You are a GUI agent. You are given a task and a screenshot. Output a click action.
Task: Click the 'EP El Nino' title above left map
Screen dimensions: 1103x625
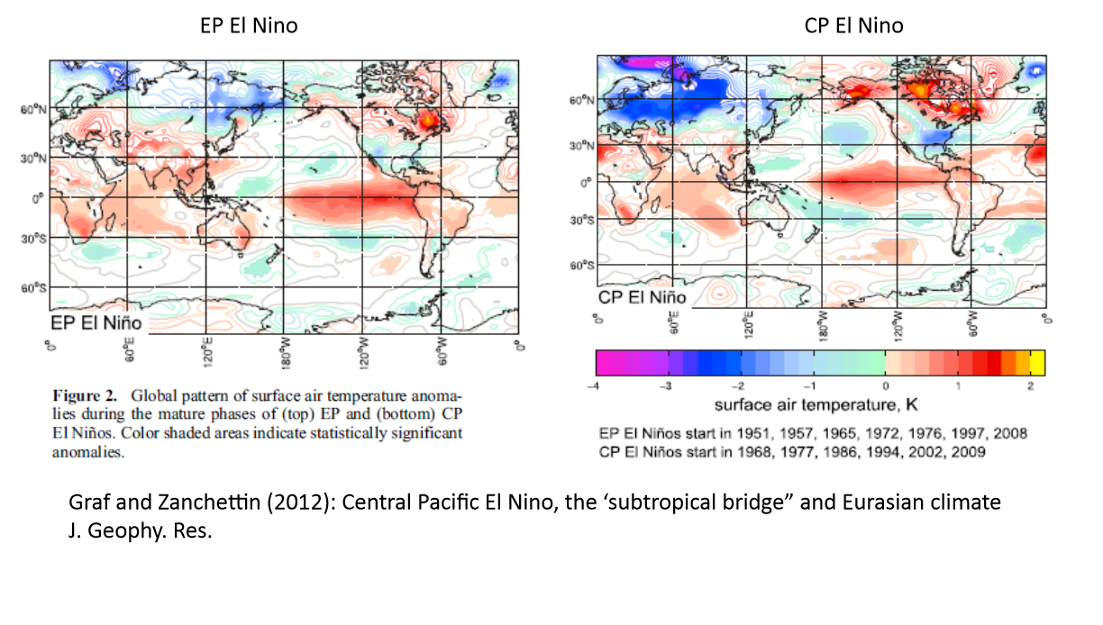(x=249, y=25)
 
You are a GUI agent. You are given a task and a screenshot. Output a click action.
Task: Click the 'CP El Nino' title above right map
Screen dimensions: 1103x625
(x=854, y=25)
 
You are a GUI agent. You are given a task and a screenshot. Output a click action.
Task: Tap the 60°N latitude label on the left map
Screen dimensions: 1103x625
(x=33, y=109)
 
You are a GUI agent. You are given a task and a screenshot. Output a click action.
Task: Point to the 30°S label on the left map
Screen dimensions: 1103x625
(x=33, y=240)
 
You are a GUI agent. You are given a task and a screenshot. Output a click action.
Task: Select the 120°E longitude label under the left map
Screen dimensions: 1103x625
(x=207, y=351)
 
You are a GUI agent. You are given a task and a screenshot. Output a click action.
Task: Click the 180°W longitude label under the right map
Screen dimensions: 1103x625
(x=823, y=326)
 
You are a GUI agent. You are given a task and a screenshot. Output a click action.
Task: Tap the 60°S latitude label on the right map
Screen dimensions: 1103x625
(x=582, y=266)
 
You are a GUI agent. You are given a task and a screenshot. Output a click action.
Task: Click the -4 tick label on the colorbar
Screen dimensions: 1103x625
(x=593, y=386)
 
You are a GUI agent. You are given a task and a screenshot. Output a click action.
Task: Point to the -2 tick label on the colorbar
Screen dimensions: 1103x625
(x=738, y=386)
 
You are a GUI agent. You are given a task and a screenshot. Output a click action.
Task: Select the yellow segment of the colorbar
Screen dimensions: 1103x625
(x=1037, y=363)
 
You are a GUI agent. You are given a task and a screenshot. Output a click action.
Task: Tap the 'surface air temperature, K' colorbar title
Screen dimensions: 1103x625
(x=816, y=405)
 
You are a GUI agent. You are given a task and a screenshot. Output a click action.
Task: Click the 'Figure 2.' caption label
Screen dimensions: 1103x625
(x=85, y=395)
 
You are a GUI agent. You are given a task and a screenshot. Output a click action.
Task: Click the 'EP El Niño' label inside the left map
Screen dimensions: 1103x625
(x=96, y=323)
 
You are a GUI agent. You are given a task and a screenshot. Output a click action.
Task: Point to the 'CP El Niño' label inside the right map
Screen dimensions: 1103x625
(x=643, y=298)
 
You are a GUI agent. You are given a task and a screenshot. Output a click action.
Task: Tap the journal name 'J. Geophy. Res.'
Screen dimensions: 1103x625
(x=141, y=531)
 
